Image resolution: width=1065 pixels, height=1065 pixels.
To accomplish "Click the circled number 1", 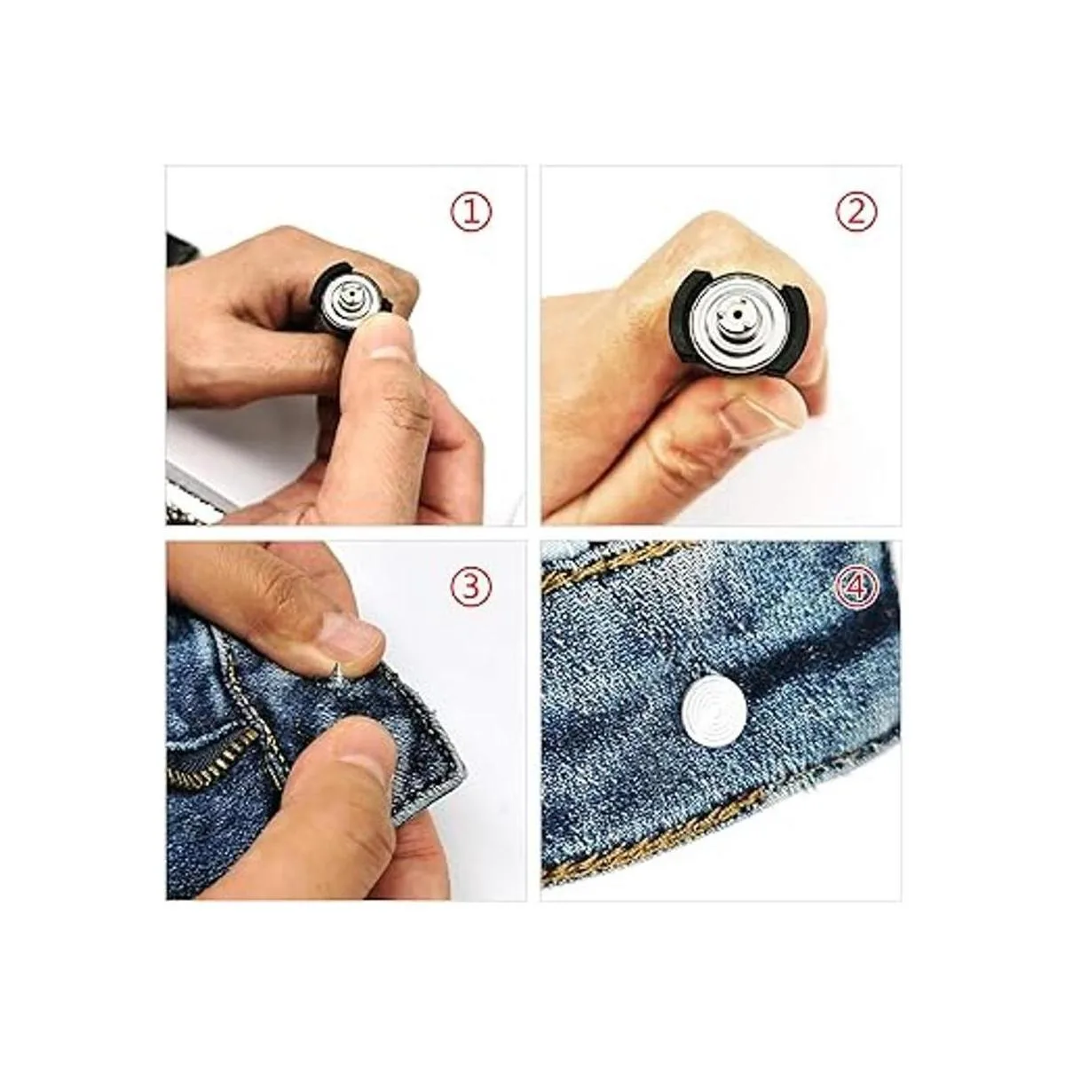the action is [471, 213].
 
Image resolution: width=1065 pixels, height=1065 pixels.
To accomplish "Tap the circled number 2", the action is [856, 213].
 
